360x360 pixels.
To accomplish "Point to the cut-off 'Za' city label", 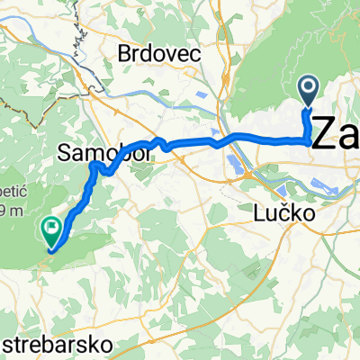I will [335, 135].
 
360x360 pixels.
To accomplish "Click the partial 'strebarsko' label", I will [58, 345].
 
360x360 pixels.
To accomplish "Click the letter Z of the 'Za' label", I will [324, 135].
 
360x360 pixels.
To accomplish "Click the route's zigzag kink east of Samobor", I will [161, 141].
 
